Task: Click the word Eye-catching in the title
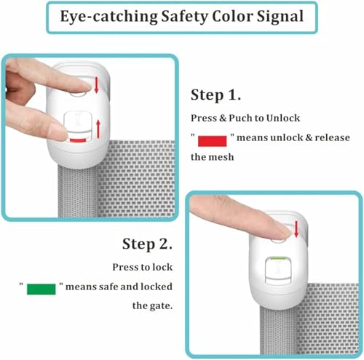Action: (x=109, y=17)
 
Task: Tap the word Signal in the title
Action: (x=280, y=17)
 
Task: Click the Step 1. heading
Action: (x=215, y=95)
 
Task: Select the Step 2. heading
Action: (x=147, y=244)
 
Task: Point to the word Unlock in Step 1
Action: (x=283, y=118)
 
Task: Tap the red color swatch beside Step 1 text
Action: (x=213, y=141)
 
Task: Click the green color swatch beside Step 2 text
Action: (x=41, y=289)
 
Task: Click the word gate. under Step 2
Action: (x=161, y=306)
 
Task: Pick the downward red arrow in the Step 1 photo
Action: (x=96, y=84)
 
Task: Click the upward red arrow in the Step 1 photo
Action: (x=98, y=129)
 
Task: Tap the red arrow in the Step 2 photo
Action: (x=296, y=229)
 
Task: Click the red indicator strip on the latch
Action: (x=78, y=140)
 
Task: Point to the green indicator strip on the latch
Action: (x=279, y=258)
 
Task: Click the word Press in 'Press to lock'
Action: (x=124, y=267)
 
